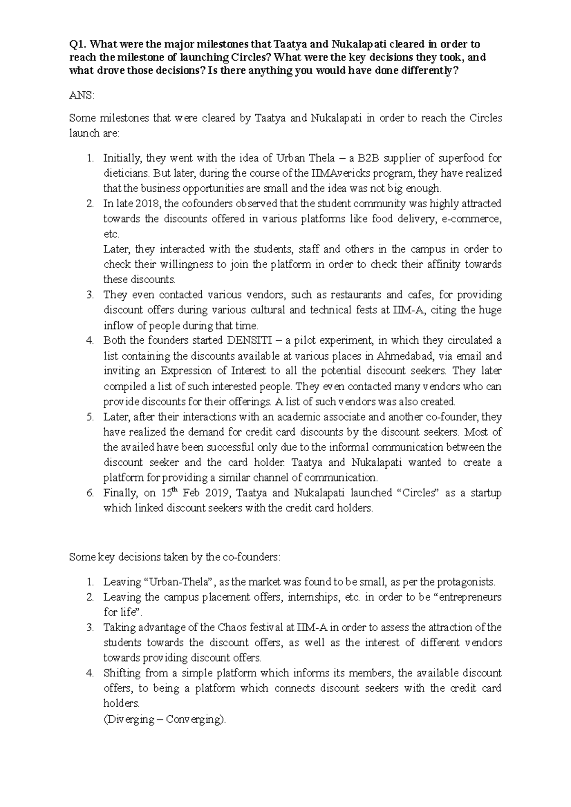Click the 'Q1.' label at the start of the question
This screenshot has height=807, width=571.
(78, 44)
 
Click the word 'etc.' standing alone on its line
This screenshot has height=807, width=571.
(111, 234)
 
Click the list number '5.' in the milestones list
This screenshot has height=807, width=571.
(90, 417)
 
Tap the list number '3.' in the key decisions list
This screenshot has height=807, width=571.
(90, 627)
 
